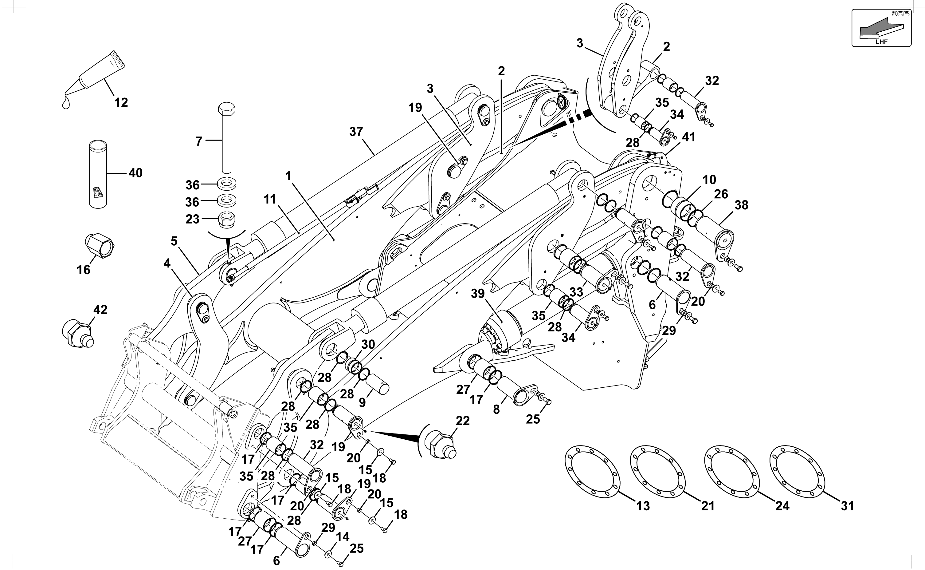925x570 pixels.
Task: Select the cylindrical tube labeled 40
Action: (x=98, y=173)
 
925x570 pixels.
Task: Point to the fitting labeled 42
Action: (x=77, y=333)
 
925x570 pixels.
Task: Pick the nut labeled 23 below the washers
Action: (x=227, y=220)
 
